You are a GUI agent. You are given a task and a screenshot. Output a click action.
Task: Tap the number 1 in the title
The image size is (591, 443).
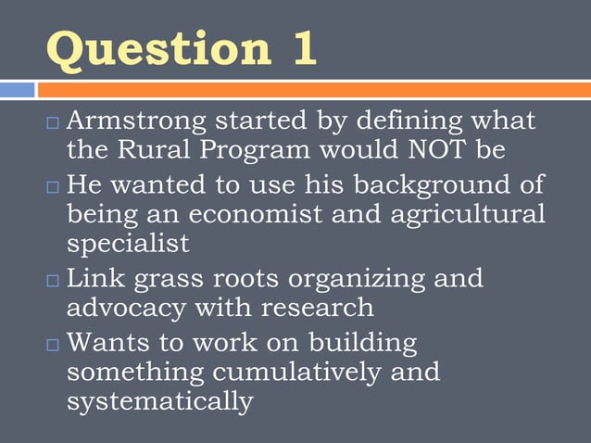point(301,49)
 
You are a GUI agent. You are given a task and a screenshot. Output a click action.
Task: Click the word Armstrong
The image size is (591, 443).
point(139,120)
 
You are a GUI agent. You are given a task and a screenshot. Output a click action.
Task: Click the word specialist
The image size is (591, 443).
point(128,245)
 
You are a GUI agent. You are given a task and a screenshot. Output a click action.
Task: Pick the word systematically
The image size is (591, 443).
point(159,402)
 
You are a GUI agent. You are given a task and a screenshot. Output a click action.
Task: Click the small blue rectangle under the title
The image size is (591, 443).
point(17,90)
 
